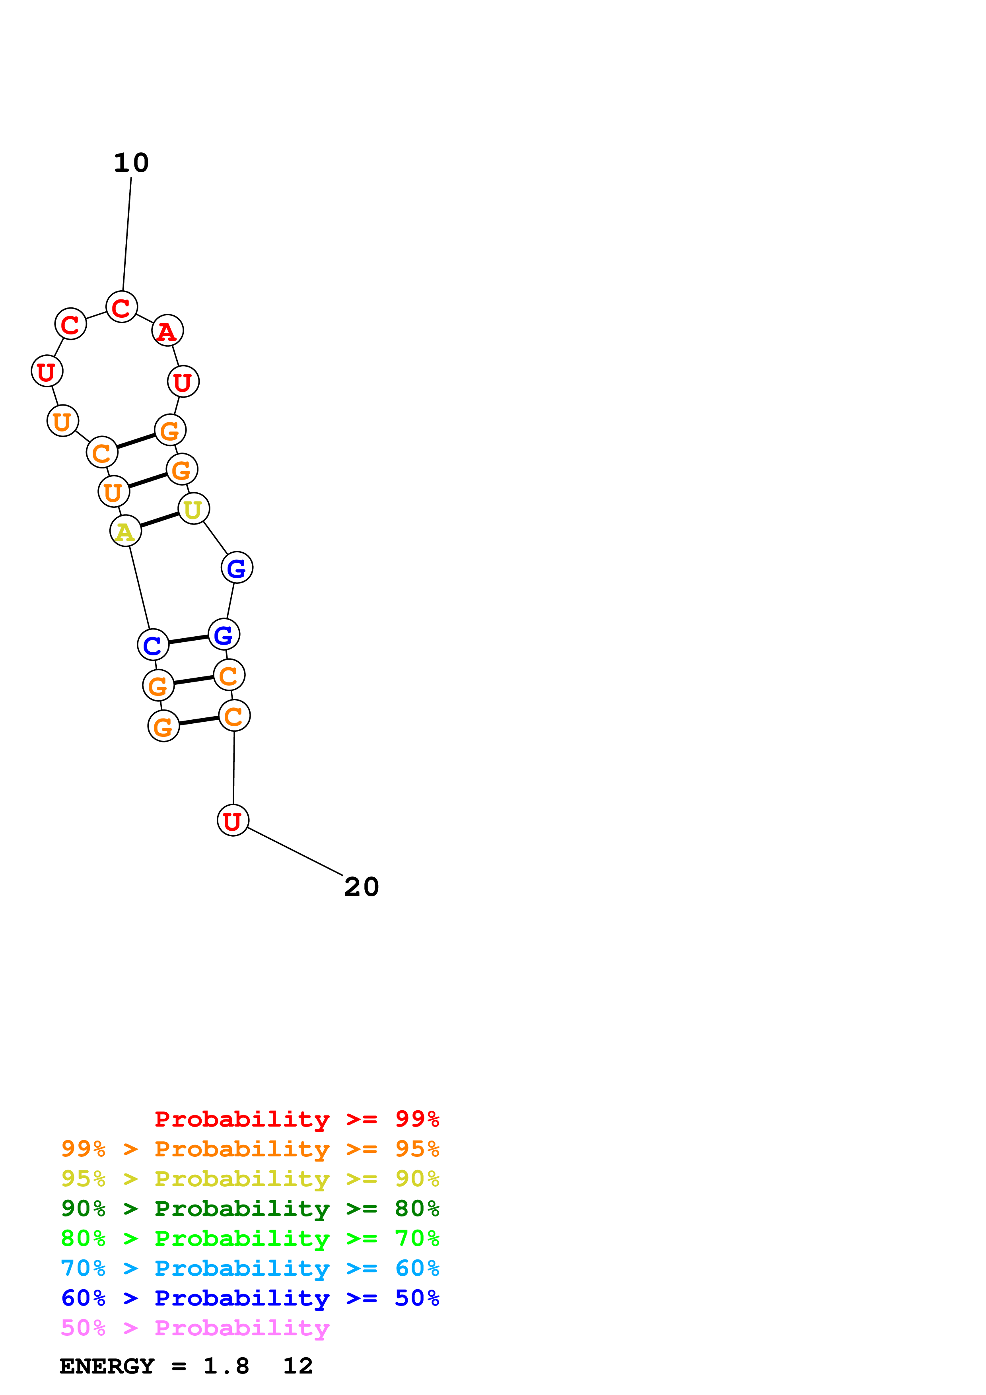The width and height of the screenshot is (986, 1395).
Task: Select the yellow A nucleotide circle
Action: pyautogui.click(x=125, y=532)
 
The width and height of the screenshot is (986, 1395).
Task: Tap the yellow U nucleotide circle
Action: pyautogui.click(x=193, y=509)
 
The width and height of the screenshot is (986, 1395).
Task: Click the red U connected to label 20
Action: pyautogui.click(x=233, y=820)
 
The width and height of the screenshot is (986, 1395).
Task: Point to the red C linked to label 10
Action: pyautogui.click(x=121, y=307)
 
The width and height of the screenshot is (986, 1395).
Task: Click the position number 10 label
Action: pyautogui.click(x=131, y=163)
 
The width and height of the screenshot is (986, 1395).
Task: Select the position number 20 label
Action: pyautogui.click(x=362, y=887)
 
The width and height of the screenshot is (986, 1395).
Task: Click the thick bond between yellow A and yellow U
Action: pyautogui.click(x=159, y=520)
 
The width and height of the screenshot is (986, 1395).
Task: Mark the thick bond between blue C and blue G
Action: pyautogui.click(x=188, y=639)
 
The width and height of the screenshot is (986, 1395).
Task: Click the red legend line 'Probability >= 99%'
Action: pyautogui.click(x=296, y=1119)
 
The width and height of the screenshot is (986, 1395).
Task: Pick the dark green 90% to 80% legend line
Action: pyautogui.click(x=250, y=1209)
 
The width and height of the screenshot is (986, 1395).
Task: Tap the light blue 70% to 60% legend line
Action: pyautogui.click(x=250, y=1269)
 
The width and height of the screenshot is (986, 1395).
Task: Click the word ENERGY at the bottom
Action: pyautogui.click(x=107, y=1366)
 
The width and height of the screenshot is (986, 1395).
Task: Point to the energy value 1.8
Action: pyautogui.click(x=226, y=1366)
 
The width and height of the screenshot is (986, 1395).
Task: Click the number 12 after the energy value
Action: pyautogui.click(x=298, y=1366)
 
